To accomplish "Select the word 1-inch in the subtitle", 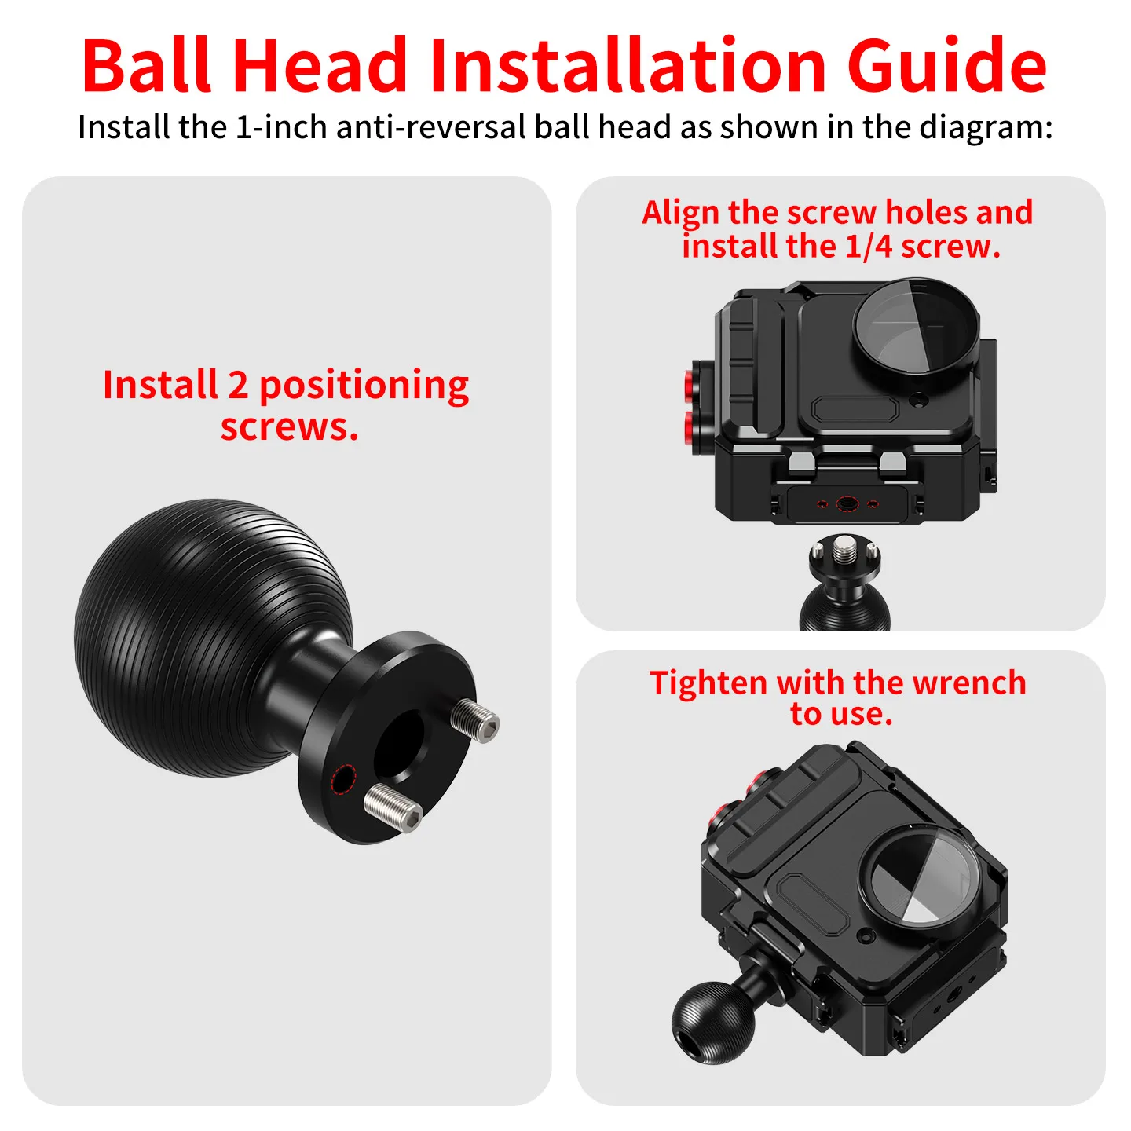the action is click(x=281, y=127).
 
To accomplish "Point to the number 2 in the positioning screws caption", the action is click(x=238, y=386).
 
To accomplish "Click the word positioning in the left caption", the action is click(x=364, y=387).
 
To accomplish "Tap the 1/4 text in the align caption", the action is click(x=869, y=247).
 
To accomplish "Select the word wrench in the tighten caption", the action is click(x=968, y=683).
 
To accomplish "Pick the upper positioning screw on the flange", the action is click(x=475, y=720).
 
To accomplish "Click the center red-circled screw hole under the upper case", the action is click(x=847, y=503).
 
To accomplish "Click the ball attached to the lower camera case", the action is click(x=713, y=1012).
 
